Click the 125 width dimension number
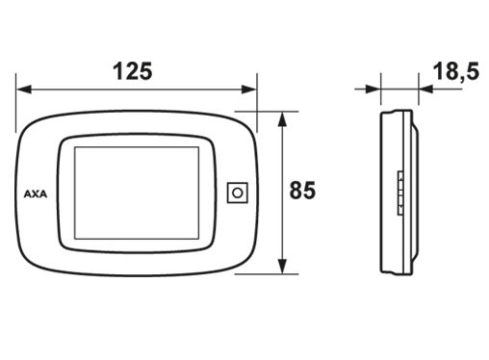coord(133,71)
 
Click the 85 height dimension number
coord(302,190)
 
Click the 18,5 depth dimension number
coord(456,71)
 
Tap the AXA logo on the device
coord(36,194)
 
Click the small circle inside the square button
coord(238,193)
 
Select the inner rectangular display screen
coord(137,193)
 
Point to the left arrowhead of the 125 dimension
coord(24,90)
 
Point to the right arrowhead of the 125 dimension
coord(249,90)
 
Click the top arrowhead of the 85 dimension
coord(282,119)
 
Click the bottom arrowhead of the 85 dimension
coord(282,266)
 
